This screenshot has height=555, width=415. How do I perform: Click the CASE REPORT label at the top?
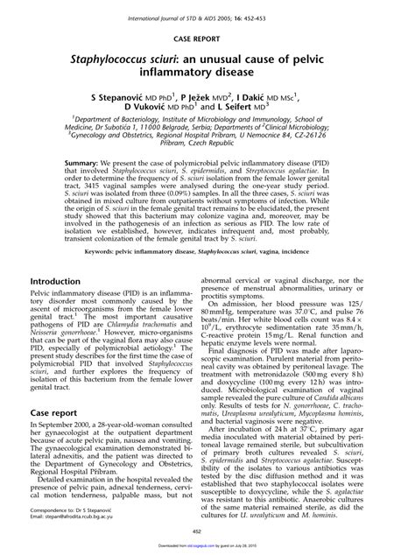pos(207,39)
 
